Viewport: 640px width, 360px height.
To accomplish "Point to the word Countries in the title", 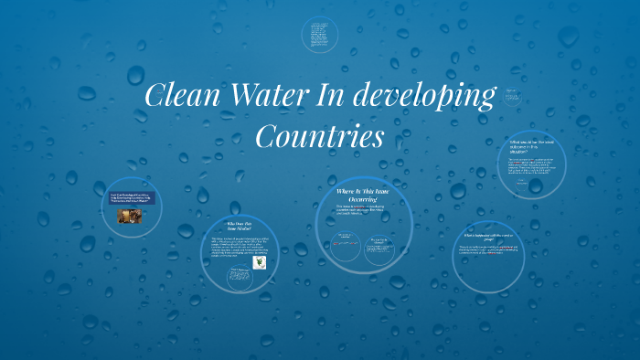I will (x=318, y=138).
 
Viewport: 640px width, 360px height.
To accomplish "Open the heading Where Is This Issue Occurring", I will (x=363, y=195).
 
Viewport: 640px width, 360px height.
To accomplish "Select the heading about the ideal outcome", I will (x=532, y=145).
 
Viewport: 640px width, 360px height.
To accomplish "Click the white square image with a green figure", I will (x=260, y=262).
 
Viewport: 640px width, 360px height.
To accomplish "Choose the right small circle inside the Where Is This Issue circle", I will (x=383, y=249).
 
